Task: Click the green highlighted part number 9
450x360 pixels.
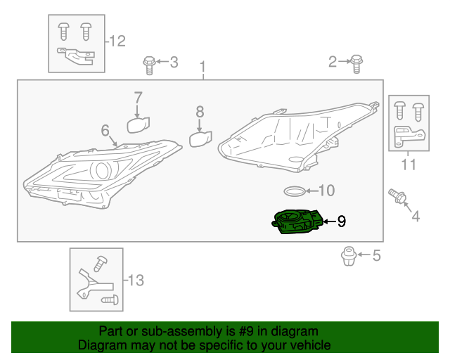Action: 297,223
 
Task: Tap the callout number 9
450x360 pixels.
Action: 342,222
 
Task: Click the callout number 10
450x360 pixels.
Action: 327,191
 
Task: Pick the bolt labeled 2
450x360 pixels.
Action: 356,63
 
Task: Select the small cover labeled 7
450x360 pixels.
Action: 138,124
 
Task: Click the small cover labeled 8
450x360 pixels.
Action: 200,139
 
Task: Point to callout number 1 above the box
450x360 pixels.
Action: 202,69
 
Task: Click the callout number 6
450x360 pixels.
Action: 105,130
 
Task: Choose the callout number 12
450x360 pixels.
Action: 117,41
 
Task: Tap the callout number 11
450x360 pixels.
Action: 409,165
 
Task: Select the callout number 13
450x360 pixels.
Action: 135,281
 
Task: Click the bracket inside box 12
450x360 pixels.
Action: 75,55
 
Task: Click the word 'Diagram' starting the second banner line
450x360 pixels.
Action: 102,345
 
